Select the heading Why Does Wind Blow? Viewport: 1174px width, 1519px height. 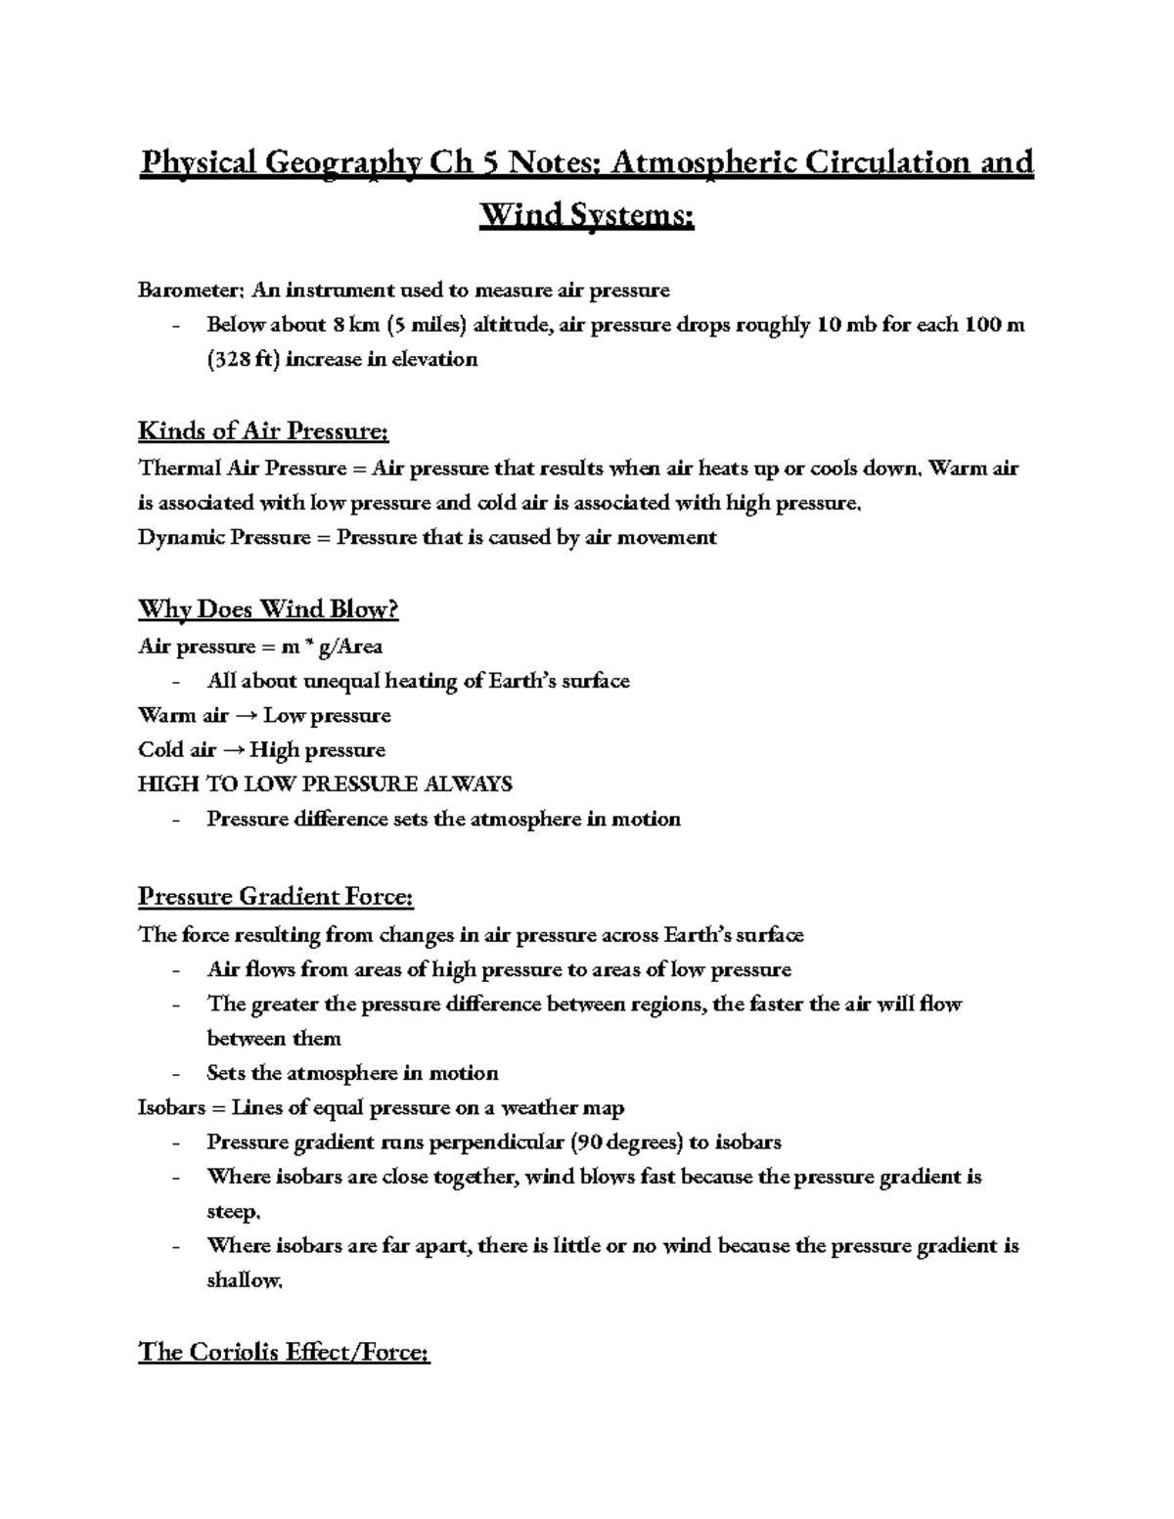coord(268,610)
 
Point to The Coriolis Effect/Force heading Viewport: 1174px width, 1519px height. coord(284,1353)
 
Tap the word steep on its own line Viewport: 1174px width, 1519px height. coord(232,1212)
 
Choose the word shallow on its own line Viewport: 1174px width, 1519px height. coord(243,1281)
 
